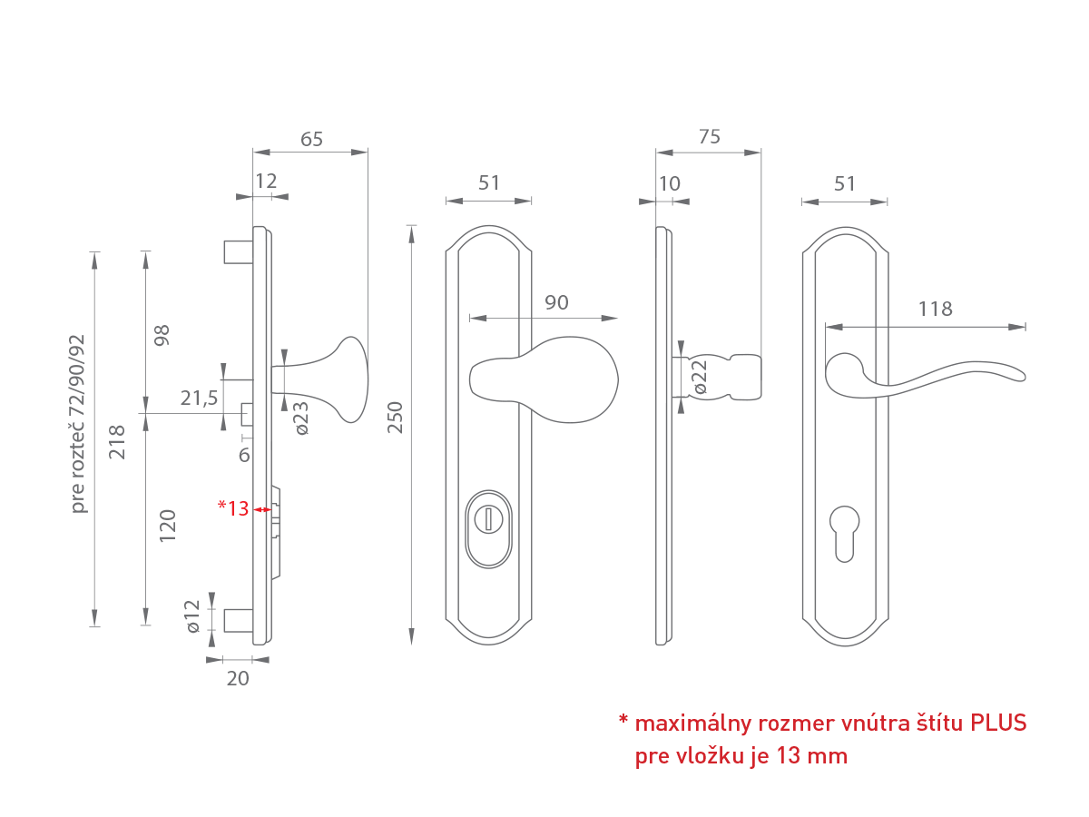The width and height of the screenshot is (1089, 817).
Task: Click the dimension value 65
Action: pyautogui.click(x=311, y=139)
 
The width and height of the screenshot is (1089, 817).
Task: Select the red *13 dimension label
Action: pyautogui.click(x=233, y=508)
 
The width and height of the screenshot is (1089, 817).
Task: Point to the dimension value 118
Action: pyautogui.click(x=935, y=309)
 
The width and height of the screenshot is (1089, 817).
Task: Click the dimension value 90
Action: pyautogui.click(x=556, y=302)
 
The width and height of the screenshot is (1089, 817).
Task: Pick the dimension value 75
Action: pyautogui.click(x=709, y=136)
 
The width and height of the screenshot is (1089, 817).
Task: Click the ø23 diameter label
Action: pyautogui.click(x=301, y=418)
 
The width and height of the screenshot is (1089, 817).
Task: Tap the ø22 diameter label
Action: pyautogui.click(x=700, y=377)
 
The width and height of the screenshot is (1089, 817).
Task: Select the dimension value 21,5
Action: pyautogui.click(x=200, y=398)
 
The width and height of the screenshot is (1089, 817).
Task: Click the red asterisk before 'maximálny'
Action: pyautogui.click(x=623, y=722)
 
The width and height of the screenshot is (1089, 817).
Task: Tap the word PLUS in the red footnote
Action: pyautogui.click(x=998, y=723)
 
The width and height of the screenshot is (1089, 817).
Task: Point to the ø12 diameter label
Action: pyautogui.click(x=191, y=615)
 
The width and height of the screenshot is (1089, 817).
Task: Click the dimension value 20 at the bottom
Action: pyautogui.click(x=237, y=677)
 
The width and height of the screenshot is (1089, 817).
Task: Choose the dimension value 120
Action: pyautogui.click(x=168, y=526)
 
